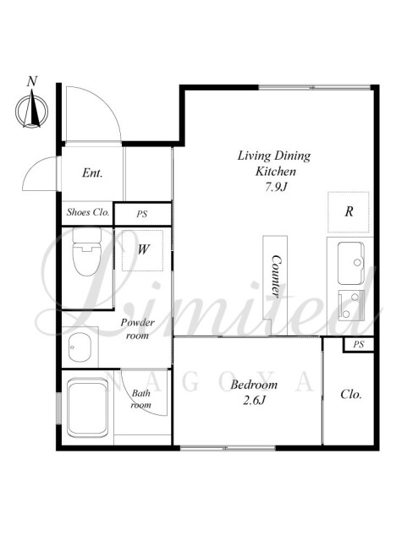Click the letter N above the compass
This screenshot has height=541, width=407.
[x=32, y=81]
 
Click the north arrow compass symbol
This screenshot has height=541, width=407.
[x=32, y=110]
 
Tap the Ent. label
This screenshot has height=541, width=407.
[x=92, y=172]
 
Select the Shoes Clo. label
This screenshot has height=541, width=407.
[x=88, y=212]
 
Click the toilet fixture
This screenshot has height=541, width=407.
[x=86, y=251]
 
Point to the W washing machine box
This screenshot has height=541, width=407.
[x=142, y=250]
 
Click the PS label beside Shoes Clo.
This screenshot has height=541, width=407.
[x=141, y=214]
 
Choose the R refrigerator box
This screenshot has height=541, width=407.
[x=349, y=212]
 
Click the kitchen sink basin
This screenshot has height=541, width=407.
[x=350, y=263]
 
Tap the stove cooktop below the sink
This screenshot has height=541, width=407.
[x=351, y=306]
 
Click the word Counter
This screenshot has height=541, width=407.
[x=275, y=276]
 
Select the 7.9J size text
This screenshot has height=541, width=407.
[x=276, y=187]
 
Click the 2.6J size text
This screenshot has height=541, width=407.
[x=254, y=400]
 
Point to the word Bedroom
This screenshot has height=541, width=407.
[x=254, y=385]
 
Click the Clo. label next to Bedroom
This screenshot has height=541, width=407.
[x=351, y=394]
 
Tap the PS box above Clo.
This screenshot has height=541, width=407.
[x=358, y=344]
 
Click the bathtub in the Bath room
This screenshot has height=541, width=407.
[x=88, y=407]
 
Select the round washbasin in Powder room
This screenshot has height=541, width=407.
[x=80, y=347]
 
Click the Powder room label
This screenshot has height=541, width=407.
[x=137, y=329]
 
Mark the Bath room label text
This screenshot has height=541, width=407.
[x=141, y=399]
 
